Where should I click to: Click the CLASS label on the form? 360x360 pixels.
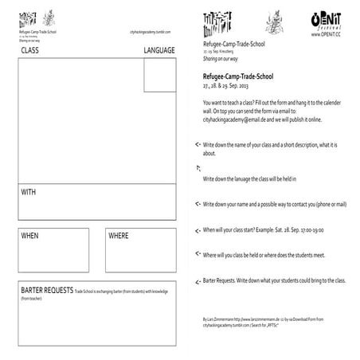pyautogui.click(x=30, y=50)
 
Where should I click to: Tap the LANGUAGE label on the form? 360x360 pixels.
pyautogui.click(x=158, y=50)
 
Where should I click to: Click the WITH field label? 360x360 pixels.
pyautogui.click(x=29, y=193)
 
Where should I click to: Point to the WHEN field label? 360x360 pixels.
pyautogui.click(x=29, y=237)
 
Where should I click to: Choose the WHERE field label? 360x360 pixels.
pyautogui.click(x=118, y=237)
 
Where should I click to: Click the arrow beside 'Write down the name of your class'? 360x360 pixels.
pyautogui.click(x=197, y=146)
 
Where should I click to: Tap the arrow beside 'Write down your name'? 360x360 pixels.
pyautogui.click(x=197, y=205)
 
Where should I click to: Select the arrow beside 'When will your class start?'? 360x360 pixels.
pyautogui.click(x=197, y=230)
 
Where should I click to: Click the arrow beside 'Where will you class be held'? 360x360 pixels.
pyautogui.click(x=197, y=254)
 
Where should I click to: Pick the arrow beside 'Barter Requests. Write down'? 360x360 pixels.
pyautogui.click(x=197, y=281)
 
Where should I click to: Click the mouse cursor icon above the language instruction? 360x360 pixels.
pyautogui.click(x=198, y=169)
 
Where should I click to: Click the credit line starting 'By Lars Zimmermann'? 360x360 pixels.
pyautogui.click(x=263, y=318)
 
